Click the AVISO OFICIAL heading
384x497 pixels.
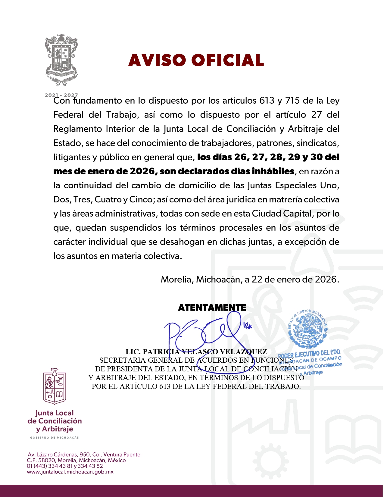(196, 60)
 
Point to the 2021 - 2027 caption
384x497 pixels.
(61, 95)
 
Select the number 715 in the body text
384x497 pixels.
(292, 101)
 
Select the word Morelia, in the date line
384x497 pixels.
(177, 280)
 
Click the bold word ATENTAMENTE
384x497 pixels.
(212, 308)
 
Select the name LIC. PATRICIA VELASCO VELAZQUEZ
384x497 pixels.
(196, 352)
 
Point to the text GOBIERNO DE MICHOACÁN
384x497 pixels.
(55, 438)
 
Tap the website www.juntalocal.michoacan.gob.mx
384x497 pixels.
(70, 472)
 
